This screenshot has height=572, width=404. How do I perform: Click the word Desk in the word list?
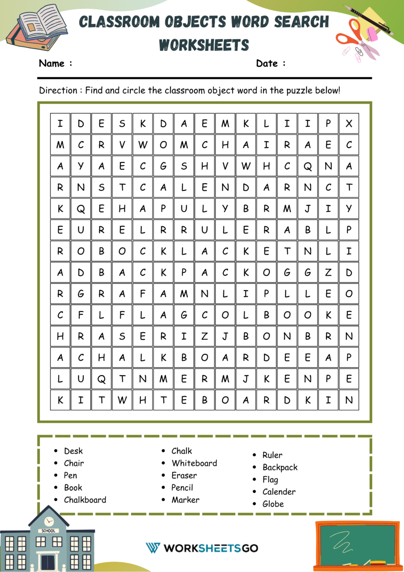[x=73, y=451]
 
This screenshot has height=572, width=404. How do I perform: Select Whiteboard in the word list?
[x=194, y=463]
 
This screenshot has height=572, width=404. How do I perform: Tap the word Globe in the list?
[x=273, y=504]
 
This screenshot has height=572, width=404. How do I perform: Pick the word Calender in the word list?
[x=279, y=492]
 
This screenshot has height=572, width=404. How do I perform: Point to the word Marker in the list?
[x=185, y=499]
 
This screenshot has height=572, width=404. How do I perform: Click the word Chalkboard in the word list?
[x=85, y=499]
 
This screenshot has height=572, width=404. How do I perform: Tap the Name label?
[x=52, y=63]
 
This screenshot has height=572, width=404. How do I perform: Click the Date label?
[x=267, y=63]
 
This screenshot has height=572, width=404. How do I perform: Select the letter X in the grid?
[x=349, y=123]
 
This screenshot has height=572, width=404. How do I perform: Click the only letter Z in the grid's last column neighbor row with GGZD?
[x=328, y=272]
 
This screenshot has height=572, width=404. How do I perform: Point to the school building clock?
[x=49, y=521]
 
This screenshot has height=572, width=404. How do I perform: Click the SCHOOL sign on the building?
[x=48, y=531]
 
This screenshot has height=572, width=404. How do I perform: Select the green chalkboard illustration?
[x=357, y=545]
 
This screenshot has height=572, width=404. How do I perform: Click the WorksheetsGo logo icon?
[x=153, y=548]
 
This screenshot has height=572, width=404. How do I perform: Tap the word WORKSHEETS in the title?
[x=204, y=45]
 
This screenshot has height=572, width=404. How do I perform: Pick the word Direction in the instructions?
[x=58, y=90]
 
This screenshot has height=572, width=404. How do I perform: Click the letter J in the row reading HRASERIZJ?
[x=225, y=336]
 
